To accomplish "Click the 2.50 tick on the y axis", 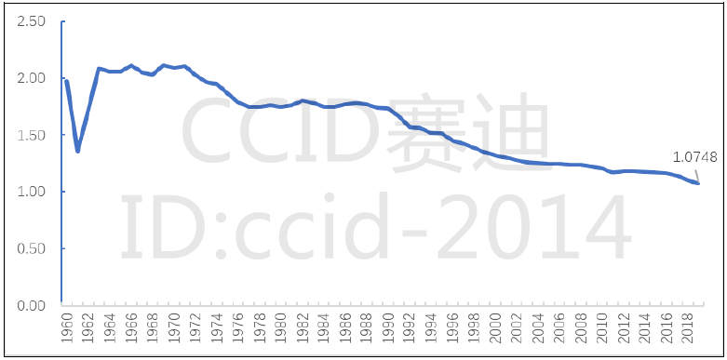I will (32, 21).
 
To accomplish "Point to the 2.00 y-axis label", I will (32, 78).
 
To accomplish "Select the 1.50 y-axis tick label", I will (32, 135).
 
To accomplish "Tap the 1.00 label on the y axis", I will (32, 192).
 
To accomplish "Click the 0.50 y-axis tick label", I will (32, 248).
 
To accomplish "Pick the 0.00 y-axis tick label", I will (32, 305).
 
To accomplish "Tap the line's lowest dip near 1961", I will (77, 151).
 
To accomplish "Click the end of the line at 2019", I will (698, 183).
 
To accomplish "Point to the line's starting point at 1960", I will (66, 82).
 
